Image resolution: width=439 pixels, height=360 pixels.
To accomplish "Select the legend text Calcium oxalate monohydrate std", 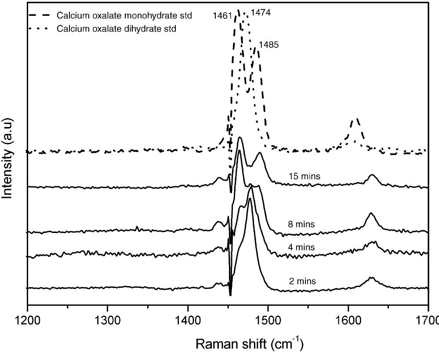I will [124, 15].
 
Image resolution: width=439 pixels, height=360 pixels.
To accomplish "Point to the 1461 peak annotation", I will [222, 16].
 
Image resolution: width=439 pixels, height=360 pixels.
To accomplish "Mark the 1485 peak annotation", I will [268, 44].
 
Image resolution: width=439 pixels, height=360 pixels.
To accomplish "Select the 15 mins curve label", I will [304, 176].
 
